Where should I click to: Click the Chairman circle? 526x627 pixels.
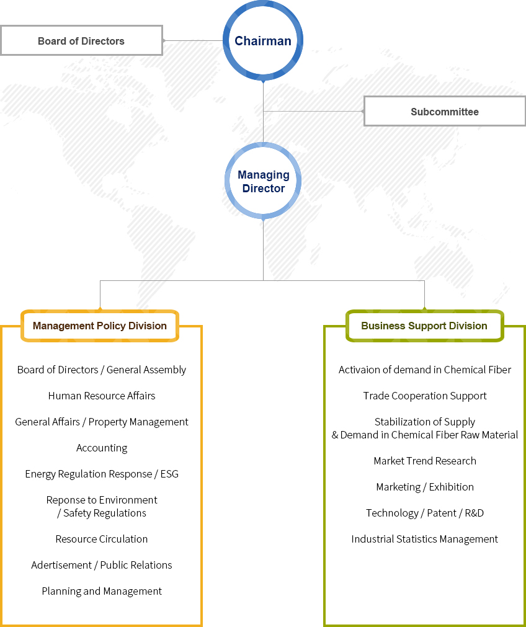tap(263, 41)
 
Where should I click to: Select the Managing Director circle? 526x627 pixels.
tap(263, 180)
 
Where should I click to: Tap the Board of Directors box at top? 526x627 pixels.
tap(81, 40)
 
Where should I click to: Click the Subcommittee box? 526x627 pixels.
tap(444, 112)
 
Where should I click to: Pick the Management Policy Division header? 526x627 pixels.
tap(100, 326)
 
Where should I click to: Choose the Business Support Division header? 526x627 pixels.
tap(424, 326)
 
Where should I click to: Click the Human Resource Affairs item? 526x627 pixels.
tap(102, 396)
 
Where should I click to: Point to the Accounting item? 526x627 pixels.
tap(102, 448)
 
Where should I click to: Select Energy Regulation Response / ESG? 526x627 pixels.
tap(102, 474)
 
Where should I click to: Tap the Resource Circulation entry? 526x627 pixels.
tap(102, 539)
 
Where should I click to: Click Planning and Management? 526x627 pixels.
tap(102, 592)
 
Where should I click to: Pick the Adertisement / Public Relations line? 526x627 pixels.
tap(102, 565)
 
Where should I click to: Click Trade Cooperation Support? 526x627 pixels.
tap(425, 396)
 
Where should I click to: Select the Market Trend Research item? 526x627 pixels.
tap(425, 461)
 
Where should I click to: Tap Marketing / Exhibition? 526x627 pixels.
tap(425, 487)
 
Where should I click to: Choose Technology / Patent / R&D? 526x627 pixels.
tap(425, 513)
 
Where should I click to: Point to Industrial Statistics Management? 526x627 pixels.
tap(425, 539)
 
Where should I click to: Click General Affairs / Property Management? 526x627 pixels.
tap(102, 422)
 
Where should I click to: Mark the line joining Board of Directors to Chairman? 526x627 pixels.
tap(193, 40)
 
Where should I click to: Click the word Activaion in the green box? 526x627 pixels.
tap(359, 370)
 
